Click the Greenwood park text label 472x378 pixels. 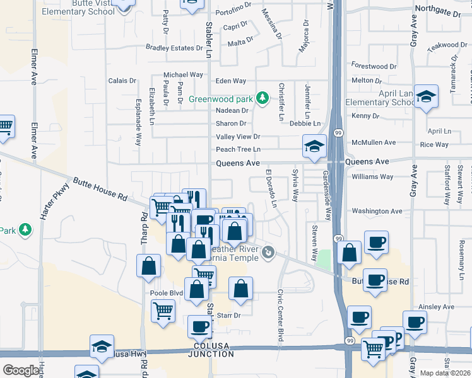[221, 99]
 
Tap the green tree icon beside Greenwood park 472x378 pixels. [261, 98]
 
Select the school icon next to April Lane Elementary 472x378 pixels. [427, 96]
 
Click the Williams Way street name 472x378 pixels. [372, 177]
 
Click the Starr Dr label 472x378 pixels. [228, 315]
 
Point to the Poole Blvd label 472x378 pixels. [167, 294]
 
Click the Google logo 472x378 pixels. [21, 370]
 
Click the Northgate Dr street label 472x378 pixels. [439, 11]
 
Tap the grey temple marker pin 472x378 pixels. [269, 253]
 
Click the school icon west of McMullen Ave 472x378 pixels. [313, 146]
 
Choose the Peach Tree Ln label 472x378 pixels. [238, 149]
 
